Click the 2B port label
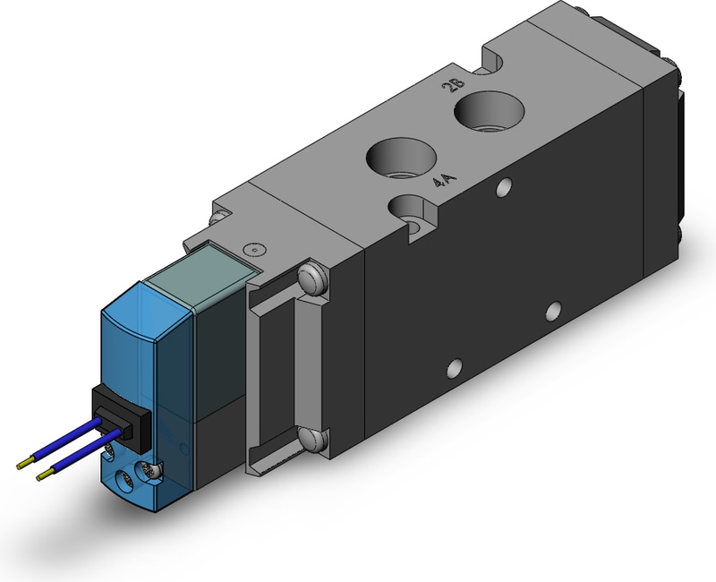pos(454,85)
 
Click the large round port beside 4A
pos(401,159)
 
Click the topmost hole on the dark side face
pos(504,187)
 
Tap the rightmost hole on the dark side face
pos(554,311)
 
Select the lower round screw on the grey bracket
pos(312,439)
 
